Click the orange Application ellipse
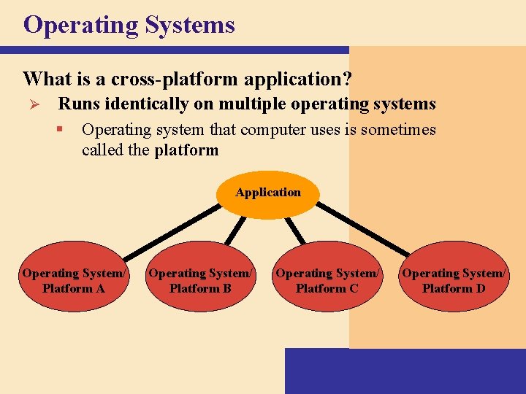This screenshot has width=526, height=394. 268,194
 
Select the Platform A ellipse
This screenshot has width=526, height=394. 74,281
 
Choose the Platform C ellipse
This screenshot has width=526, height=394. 327,281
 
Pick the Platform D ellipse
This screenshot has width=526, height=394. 453,281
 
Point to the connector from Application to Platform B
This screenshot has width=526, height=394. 235,229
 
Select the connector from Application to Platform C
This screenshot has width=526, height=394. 294,229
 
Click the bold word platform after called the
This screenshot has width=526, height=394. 186,150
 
